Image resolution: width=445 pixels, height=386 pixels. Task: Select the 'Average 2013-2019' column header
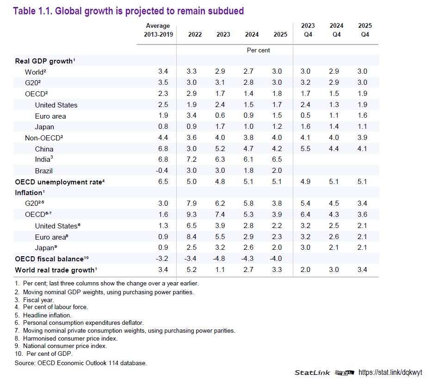click(158, 30)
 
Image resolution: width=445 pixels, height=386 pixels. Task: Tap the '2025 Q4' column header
click(365, 30)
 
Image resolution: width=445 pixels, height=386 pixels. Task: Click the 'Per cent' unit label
click(259, 50)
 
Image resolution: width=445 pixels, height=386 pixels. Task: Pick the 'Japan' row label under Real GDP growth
click(44, 127)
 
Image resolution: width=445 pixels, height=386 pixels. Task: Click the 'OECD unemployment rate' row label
click(58, 182)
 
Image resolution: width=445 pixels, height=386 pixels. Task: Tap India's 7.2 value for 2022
click(192, 160)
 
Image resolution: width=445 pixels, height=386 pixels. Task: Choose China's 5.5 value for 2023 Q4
click(305, 149)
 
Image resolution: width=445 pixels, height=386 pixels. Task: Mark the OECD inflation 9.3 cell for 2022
click(192, 215)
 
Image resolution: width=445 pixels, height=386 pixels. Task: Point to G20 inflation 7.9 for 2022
click(192, 204)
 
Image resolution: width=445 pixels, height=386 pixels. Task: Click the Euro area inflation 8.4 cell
click(192, 237)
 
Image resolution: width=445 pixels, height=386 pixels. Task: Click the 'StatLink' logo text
click(312, 373)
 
